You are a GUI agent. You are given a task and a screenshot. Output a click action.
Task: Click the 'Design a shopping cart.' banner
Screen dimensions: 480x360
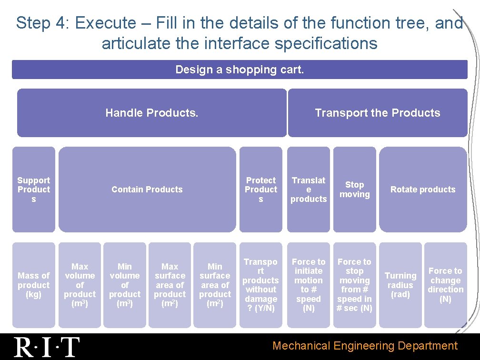tap(240, 70)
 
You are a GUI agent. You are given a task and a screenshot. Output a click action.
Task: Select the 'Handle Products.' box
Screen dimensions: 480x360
tap(152, 113)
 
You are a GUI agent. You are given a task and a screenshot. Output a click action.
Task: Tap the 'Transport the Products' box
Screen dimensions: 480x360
tap(377, 113)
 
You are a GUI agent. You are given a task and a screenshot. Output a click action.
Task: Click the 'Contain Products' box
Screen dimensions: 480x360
tap(147, 190)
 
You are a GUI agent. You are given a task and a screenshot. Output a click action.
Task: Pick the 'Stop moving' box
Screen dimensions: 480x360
tap(354, 190)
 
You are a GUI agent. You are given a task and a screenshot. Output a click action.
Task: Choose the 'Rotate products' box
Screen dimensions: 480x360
tap(423, 190)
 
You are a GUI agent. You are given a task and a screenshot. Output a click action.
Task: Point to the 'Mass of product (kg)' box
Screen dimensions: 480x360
tap(33, 285)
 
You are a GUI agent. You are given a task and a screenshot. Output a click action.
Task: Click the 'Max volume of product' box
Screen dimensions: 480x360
tap(80, 285)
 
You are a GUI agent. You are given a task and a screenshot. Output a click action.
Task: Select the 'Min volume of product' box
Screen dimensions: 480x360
tap(125, 285)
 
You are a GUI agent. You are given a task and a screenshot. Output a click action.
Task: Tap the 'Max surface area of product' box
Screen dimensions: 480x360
tap(170, 285)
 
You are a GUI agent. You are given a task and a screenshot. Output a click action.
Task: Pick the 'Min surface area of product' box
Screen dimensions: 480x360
tap(215, 285)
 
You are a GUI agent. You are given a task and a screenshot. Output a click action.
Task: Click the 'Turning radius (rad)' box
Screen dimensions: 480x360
tap(400, 285)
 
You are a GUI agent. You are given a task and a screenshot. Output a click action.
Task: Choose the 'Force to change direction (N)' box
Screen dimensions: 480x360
tap(445, 285)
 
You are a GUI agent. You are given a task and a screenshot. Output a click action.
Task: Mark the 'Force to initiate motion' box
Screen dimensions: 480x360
tap(309, 285)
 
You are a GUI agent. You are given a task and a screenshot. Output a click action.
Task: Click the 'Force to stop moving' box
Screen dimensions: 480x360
tap(354, 285)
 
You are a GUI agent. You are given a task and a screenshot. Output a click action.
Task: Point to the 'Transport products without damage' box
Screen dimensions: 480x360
tap(260, 285)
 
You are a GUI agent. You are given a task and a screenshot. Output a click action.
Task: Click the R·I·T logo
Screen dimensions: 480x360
tap(47, 347)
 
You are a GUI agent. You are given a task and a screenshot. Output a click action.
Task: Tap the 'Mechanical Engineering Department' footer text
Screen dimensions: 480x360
tap(365, 346)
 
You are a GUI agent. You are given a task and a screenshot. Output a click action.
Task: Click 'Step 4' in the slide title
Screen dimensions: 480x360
tap(42, 23)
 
